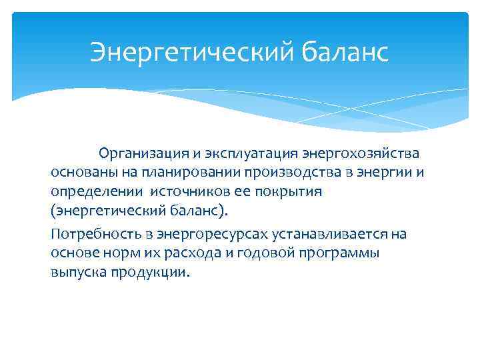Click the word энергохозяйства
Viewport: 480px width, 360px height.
[361, 154]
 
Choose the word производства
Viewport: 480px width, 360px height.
[291, 173]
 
